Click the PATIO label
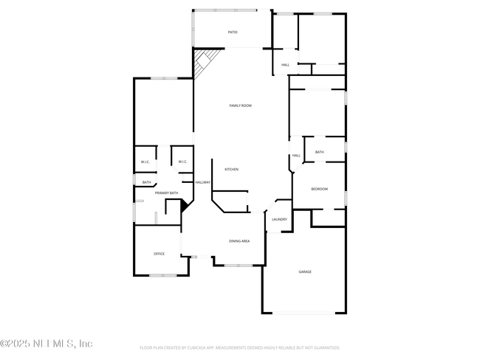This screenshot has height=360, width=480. point(233,32)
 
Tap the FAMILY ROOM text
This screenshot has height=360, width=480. point(240,105)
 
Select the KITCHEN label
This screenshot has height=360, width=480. point(231,170)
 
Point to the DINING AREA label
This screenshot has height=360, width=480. point(239,241)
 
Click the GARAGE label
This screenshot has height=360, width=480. point(305,271)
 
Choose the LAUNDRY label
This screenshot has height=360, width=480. point(279,219)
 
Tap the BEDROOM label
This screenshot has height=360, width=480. point(319,190)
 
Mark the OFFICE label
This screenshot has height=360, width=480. point(159,254)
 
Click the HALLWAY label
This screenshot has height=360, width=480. point(202,182)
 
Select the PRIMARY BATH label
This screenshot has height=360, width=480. point(166,193)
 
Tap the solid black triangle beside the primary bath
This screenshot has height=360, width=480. point(185,207)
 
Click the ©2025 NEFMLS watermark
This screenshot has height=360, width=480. point(47,344)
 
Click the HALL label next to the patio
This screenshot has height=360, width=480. point(285,66)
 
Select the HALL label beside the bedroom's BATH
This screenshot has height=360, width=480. point(296,156)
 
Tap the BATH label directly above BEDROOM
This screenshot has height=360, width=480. point(319,152)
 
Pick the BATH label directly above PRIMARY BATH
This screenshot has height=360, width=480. point(146,182)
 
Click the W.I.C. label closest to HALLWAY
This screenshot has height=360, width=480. point(182,162)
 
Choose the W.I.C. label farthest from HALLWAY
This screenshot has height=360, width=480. point(145,162)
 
